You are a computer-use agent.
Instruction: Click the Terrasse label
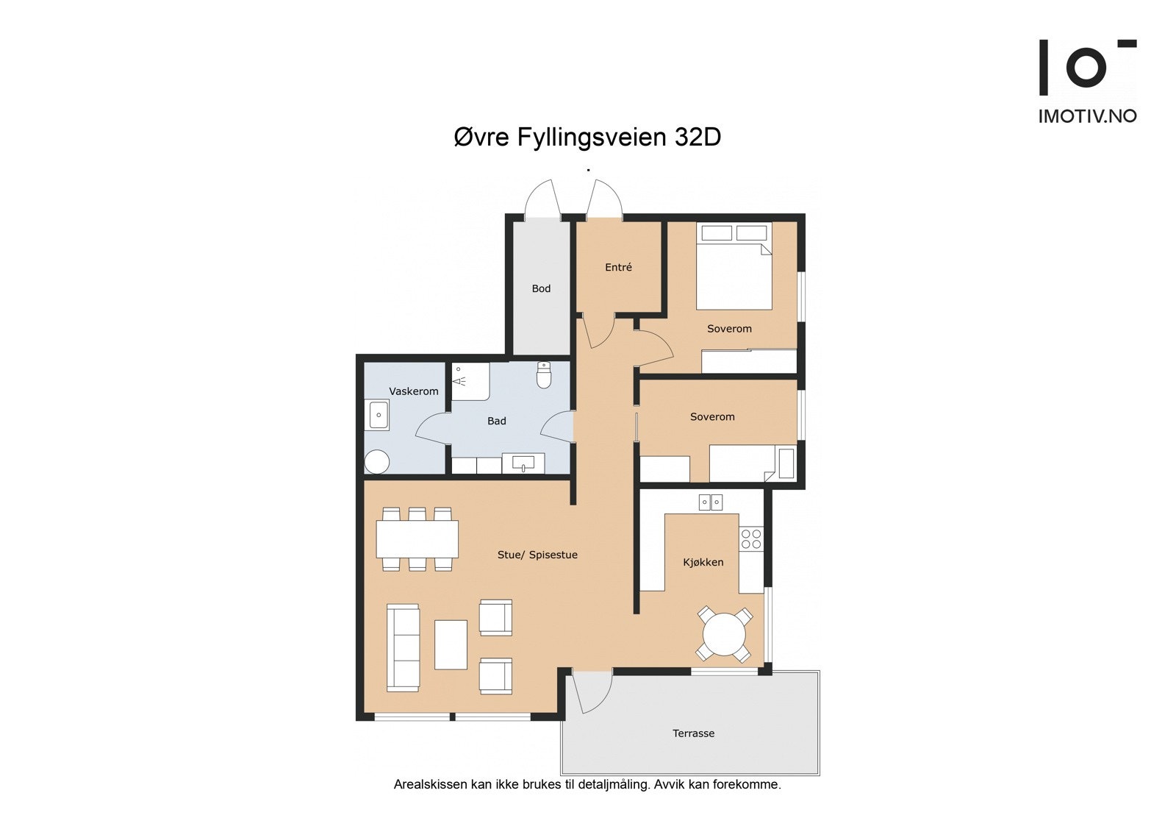point(693,733)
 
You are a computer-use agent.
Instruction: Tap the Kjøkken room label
point(703,562)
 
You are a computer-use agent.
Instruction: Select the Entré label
point(618,267)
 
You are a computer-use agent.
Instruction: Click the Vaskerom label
point(414,391)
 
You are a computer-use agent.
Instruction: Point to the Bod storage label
point(541,288)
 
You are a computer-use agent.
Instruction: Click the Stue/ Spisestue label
point(537,555)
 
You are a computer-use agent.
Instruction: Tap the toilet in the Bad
point(544,375)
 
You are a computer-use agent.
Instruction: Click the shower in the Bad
point(470,381)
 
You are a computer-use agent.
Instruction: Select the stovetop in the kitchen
point(751,539)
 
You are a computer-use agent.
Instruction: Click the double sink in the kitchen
point(710,502)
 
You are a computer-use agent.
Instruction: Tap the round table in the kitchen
point(724,634)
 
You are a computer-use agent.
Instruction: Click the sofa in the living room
point(403,647)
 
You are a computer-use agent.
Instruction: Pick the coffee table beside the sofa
point(451,644)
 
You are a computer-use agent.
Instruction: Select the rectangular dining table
point(417,539)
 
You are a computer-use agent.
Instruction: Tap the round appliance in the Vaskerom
point(377,462)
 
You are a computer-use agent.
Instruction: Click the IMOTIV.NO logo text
point(1087,116)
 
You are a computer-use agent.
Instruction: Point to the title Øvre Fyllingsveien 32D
point(587,137)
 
